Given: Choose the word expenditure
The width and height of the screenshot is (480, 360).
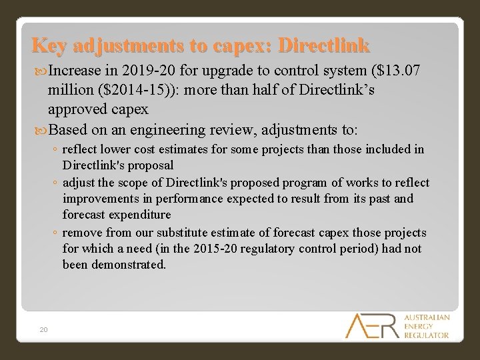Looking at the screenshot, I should (137, 215).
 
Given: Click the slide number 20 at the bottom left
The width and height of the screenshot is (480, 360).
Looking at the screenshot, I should (43, 329).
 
